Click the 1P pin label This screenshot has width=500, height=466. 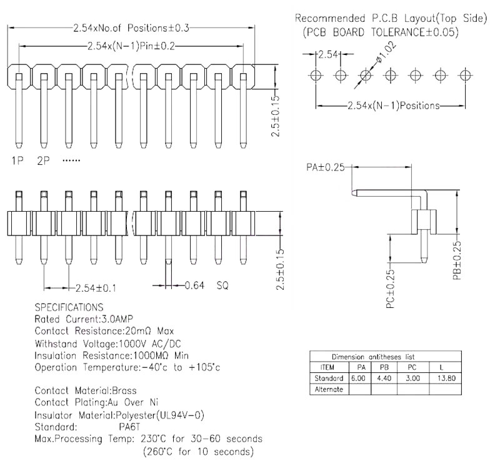tap(17, 161)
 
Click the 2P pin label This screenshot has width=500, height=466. tap(43, 161)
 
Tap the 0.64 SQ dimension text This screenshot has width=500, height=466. tap(206, 286)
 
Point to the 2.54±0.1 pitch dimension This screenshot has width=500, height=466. tap(96, 288)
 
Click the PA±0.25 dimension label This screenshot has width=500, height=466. tap(326, 167)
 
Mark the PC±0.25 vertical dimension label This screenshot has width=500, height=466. tap(390, 290)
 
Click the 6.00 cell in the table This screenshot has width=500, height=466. tap(358, 379)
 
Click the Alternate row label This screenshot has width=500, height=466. tap(329, 389)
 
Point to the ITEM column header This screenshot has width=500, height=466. tap(327, 368)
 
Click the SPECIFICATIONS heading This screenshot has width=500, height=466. tap(69, 307)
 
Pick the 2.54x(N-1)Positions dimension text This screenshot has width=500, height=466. tap(393, 106)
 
